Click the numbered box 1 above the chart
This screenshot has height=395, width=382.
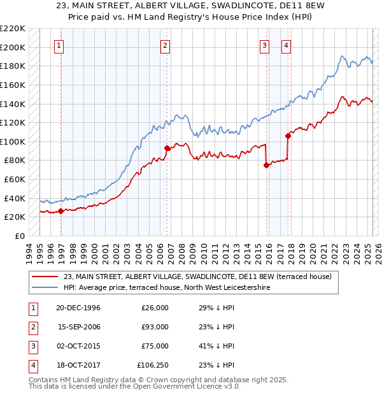[x=59, y=45]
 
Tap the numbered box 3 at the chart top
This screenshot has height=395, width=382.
[x=264, y=45]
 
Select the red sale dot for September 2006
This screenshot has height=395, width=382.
[x=167, y=148]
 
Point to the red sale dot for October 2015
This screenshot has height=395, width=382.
[x=266, y=165]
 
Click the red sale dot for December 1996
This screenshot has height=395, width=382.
[x=60, y=211]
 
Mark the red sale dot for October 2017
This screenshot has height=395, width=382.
[x=288, y=136]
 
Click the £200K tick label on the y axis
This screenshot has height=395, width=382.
[x=13, y=47]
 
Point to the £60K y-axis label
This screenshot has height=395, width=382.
[x=15, y=180]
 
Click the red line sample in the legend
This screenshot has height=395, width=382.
[x=45, y=276]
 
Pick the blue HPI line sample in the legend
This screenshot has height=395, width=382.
[x=45, y=287]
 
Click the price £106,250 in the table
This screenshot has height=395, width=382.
[x=153, y=365]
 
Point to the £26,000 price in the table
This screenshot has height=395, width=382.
[x=155, y=308]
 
